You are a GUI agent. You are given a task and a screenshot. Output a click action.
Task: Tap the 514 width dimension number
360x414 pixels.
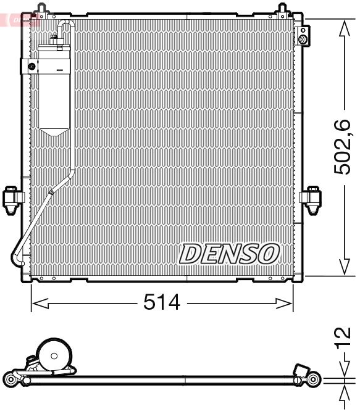pos(161,302)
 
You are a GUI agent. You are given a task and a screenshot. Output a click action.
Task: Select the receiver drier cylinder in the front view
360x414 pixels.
pos(55,89)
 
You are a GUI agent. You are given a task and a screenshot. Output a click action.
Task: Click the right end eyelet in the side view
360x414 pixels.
pos(316,378)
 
